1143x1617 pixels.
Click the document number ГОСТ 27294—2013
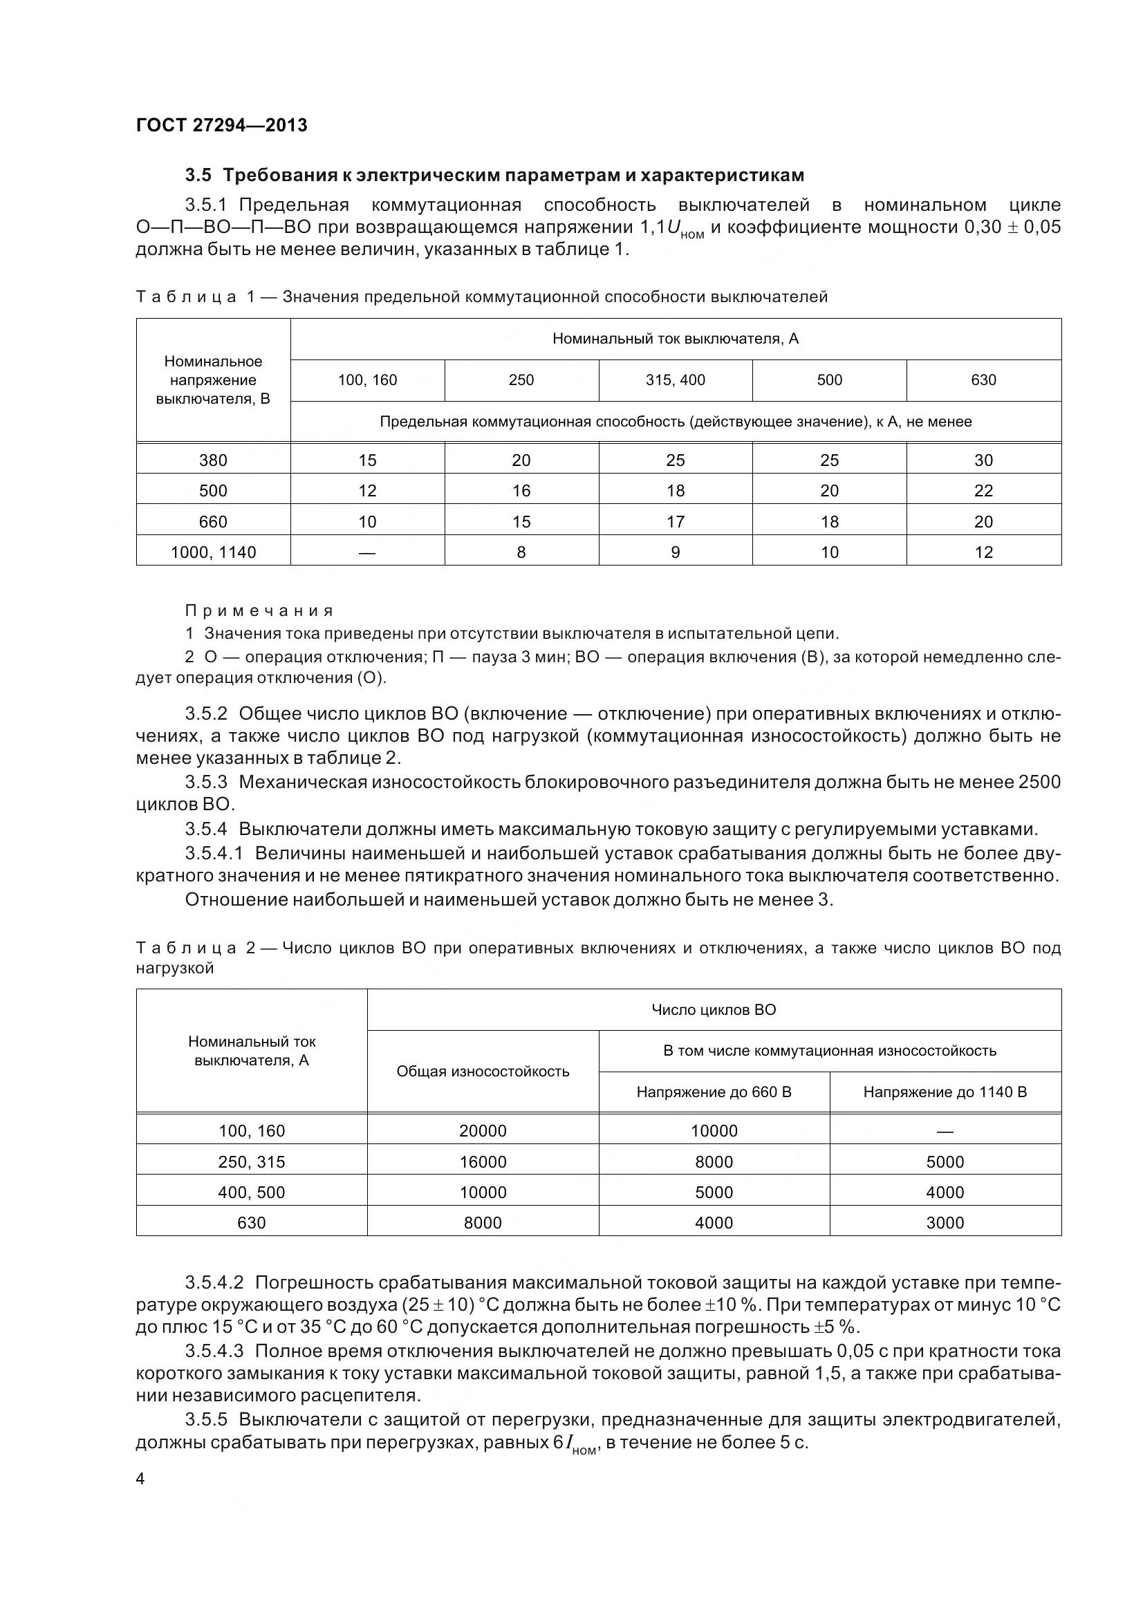coord(221,125)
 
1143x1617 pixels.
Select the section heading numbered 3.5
coord(494,175)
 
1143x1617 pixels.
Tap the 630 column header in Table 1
coord(983,380)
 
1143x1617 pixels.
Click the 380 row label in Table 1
coord(213,460)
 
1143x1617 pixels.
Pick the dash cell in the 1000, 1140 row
coord(367,553)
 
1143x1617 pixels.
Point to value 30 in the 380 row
coord(983,460)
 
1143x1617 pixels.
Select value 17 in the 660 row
coord(675,522)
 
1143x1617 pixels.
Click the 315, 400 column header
coord(675,380)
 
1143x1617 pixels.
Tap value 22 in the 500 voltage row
coord(983,491)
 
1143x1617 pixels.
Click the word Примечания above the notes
coord(259,610)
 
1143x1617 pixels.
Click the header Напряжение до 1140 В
coord(945,1092)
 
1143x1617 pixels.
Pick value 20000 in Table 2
coord(483,1131)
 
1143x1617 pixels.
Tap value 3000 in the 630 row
coord(945,1223)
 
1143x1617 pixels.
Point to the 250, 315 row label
coord(252,1162)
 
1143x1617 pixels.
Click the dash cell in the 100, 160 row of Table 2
coord(945,1132)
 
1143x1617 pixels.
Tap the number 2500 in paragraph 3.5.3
coord(1039,783)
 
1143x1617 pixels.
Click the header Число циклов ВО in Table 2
coord(714,1010)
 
